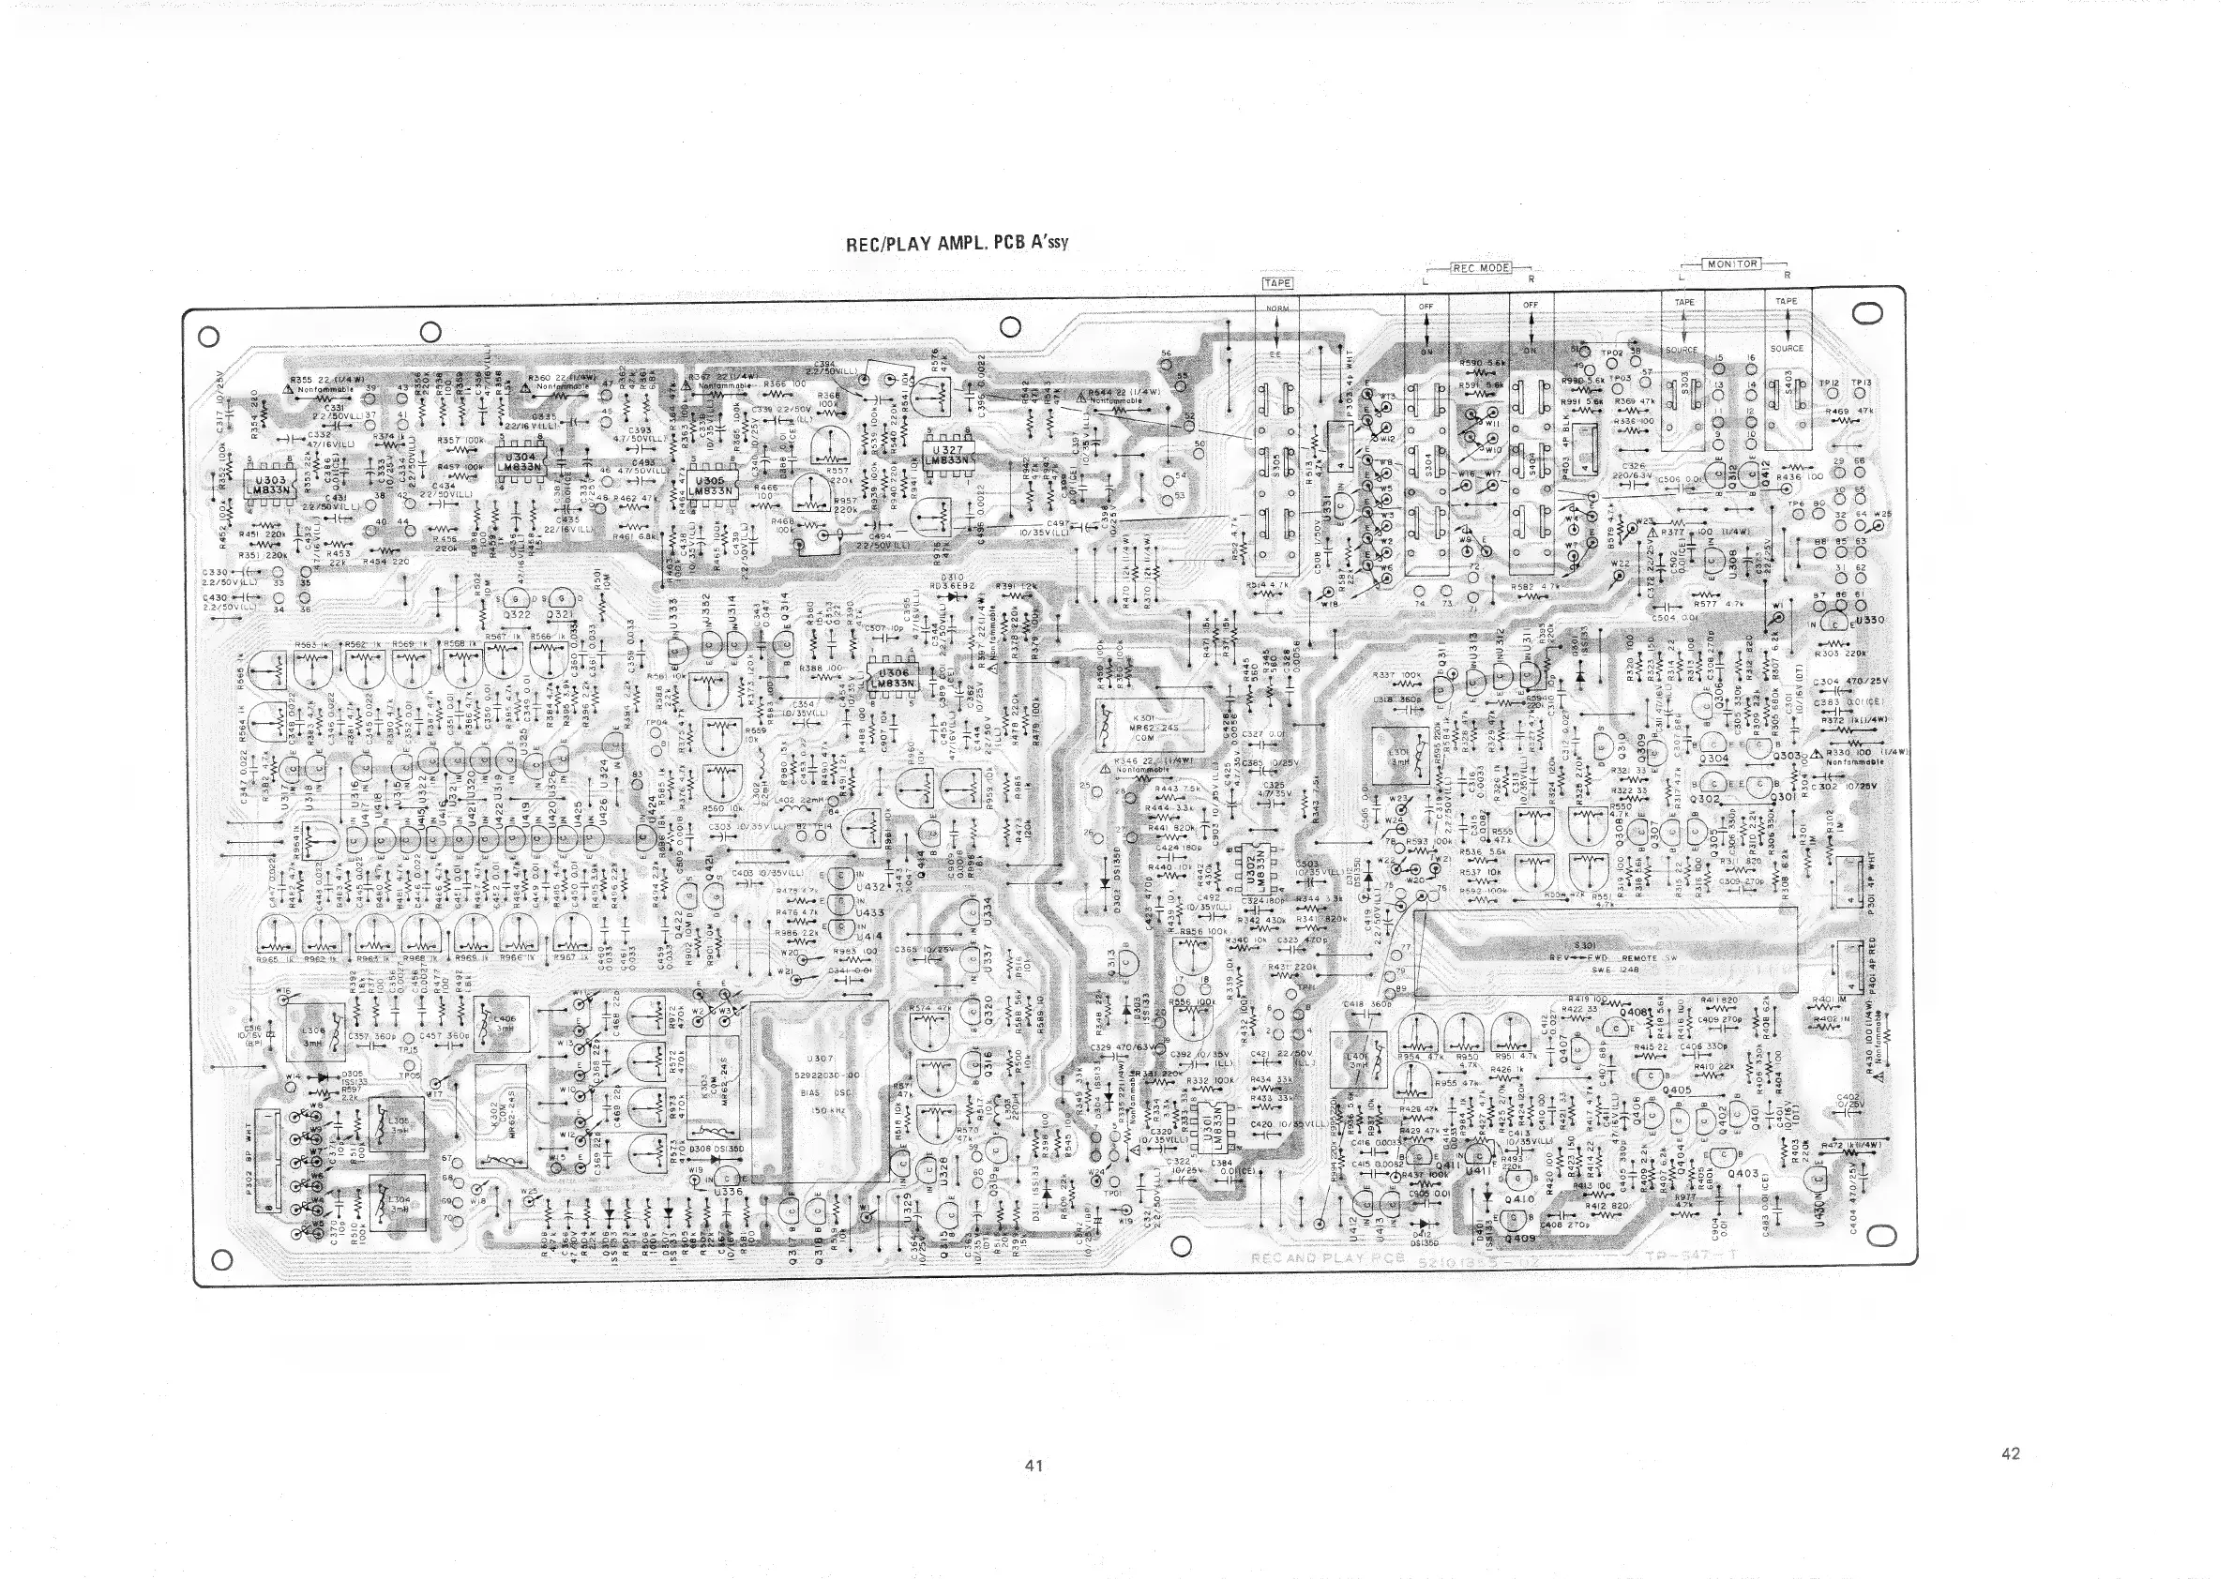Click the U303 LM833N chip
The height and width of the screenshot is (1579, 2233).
pyautogui.click(x=262, y=486)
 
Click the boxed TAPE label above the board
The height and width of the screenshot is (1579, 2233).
pyautogui.click(x=1276, y=283)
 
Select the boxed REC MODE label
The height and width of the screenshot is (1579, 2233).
pyautogui.click(x=1480, y=267)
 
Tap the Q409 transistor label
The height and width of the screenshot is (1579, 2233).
pyautogui.click(x=1519, y=1238)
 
